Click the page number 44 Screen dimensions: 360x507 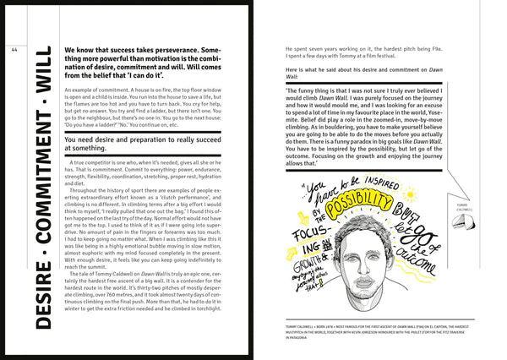tap(14, 49)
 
